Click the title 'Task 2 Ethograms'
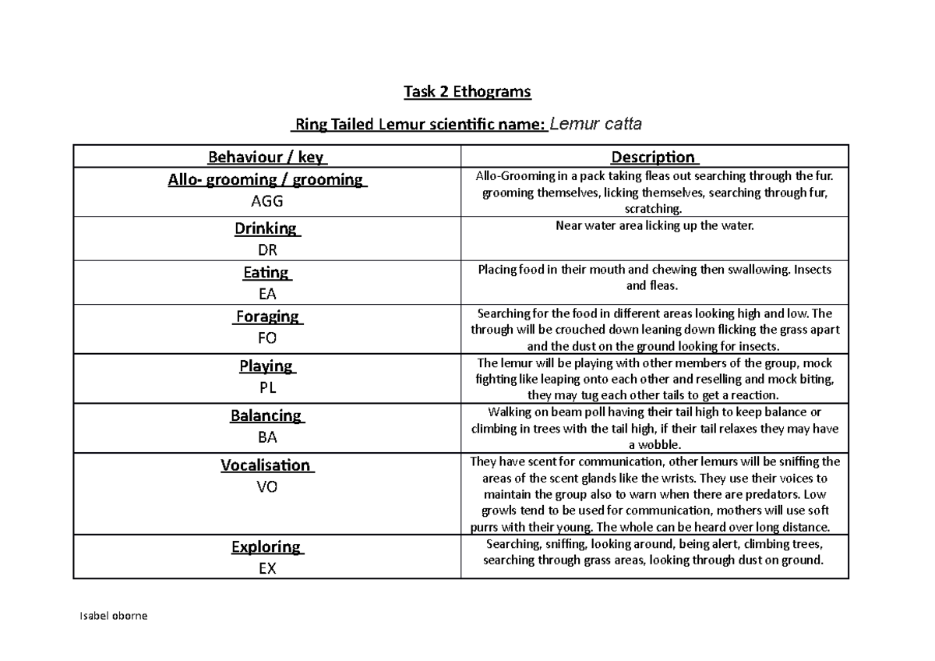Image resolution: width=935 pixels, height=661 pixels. (x=467, y=93)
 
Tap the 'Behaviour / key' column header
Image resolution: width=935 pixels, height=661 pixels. (x=266, y=158)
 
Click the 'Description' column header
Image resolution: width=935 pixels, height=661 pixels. (x=654, y=158)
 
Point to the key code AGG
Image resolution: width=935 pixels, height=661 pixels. (x=266, y=201)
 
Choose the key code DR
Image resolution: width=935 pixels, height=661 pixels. (x=266, y=250)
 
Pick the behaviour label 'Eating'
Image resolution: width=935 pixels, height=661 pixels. (x=266, y=273)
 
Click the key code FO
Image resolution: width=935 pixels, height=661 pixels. (x=266, y=338)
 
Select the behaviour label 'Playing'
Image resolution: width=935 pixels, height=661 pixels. (x=266, y=366)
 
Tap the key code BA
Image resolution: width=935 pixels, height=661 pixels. (x=266, y=437)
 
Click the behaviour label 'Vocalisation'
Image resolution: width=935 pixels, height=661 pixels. (x=266, y=465)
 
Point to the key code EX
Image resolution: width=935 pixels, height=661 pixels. (x=266, y=568)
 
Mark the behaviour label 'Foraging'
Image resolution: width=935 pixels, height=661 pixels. (x=268, y=316)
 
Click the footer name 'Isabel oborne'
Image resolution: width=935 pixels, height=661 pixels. (x=113, y=616)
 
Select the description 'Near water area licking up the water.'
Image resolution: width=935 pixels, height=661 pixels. (x=654, y=225)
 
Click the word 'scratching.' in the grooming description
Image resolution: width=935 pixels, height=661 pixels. (x=654, y=209)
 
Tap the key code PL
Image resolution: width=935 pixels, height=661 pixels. (x=266, y=387)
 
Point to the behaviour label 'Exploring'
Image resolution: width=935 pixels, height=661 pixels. (x=266, y=546)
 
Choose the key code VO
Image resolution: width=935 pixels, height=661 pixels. (x=266, y=487)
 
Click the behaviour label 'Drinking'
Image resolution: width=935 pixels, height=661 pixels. (x=266, y=229)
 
